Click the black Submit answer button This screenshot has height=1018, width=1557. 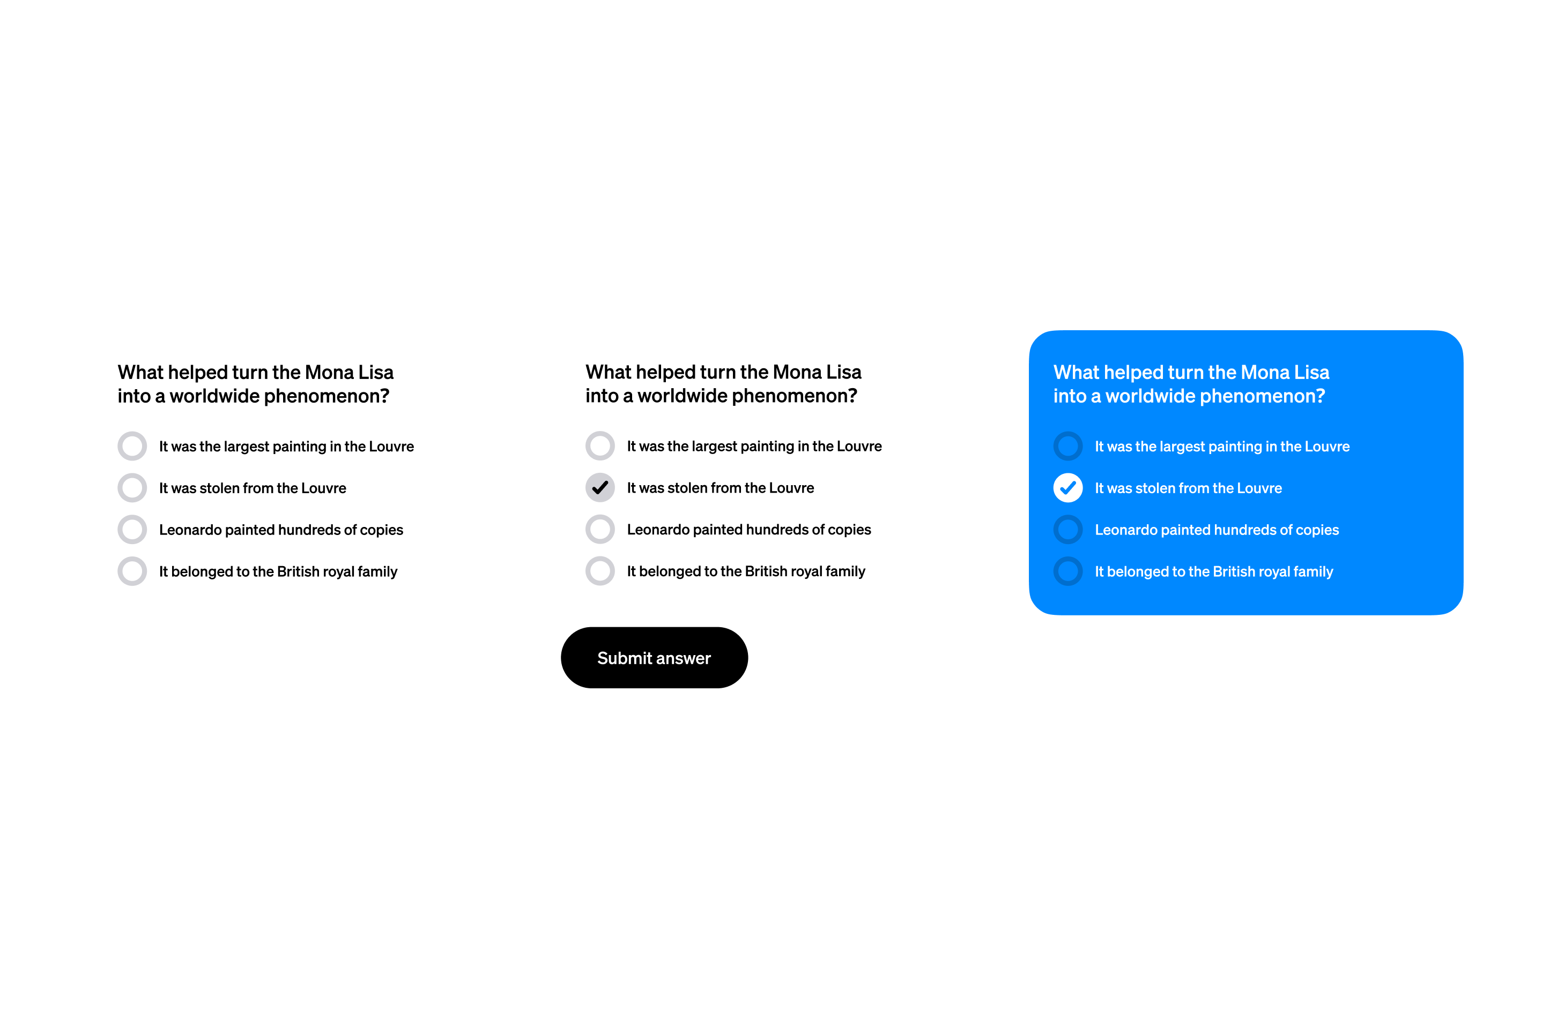click(654, 658)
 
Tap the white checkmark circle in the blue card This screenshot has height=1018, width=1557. click(1067, 487)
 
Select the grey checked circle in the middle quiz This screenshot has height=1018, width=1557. click(600, 487)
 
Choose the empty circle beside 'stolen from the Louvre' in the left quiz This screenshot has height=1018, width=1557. click(132, 487)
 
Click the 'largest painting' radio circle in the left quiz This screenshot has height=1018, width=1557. click(132, 445)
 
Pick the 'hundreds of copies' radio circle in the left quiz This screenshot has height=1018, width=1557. click(132, 529)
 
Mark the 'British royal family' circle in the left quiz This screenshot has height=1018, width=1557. click(132, 571)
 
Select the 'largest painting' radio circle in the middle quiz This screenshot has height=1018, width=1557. click(600, 445)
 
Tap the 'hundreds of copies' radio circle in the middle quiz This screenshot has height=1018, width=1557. click(600, 529)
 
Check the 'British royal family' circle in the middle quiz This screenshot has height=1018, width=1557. click(600, 571)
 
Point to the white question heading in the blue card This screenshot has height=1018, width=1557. click(1191, 384)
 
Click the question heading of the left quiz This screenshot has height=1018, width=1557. click(256, 384)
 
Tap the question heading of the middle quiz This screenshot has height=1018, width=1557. click(724, 383)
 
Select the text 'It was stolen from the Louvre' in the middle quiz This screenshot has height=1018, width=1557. click(720, 487)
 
